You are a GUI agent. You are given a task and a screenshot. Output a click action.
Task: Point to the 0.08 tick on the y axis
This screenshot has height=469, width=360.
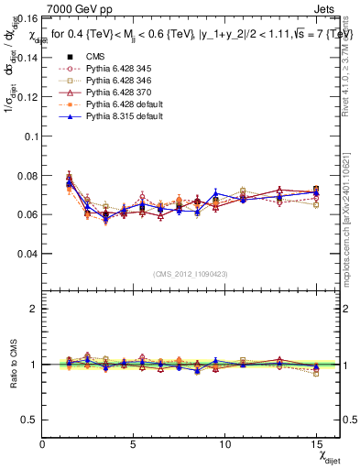click(x=27, y=175)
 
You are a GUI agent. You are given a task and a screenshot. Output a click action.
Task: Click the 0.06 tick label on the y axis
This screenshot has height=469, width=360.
click(x=27, y=214)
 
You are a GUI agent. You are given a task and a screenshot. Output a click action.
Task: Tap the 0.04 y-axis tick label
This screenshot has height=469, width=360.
click(x=27, y=253)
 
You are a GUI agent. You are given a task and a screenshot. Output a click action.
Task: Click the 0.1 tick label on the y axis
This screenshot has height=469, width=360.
click(x=30, y=136)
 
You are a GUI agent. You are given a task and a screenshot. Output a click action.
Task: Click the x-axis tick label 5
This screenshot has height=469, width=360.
click(x=134, y=444)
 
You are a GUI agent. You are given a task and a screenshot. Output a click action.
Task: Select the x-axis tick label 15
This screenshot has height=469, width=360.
click(x=315, y=444)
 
